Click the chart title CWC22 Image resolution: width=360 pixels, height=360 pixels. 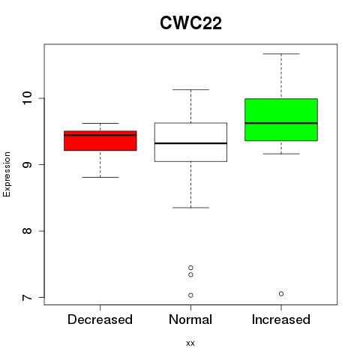(x=190, y=23)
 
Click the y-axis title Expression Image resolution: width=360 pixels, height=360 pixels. (x=7, y=174)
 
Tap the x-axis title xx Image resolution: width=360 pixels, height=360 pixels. (x=190, y=343)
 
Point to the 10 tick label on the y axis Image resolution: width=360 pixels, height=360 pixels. (x=27, y=98)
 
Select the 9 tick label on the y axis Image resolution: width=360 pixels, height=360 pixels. (x=27, y=164)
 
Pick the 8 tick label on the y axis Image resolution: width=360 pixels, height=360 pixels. (x=27, y=231)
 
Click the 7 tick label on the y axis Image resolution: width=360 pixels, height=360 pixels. (x=27, y=298)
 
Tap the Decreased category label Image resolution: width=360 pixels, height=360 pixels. (x=100, y=319)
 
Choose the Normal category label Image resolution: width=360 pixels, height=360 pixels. (x=190, y=319)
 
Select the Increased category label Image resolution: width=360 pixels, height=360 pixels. (x=281, y=319)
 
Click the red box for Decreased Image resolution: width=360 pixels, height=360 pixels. (x=100, y=141)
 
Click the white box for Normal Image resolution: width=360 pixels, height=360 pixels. (x=190, y=142)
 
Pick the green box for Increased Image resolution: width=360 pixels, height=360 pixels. (x=281, y=120)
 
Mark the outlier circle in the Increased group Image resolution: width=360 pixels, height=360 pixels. (x=281, y=294)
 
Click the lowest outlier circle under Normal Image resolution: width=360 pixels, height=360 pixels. (x=190, y=295)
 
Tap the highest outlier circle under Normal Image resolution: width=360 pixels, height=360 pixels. (x=190, y=268)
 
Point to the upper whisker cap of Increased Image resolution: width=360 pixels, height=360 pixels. (x=281, y=54)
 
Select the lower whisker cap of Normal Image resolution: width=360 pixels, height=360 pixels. (x=190, y=208)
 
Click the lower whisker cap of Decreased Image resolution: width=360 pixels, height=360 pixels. (x=100, y=177)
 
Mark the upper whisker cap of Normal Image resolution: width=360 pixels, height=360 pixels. (x=190, y=89)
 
